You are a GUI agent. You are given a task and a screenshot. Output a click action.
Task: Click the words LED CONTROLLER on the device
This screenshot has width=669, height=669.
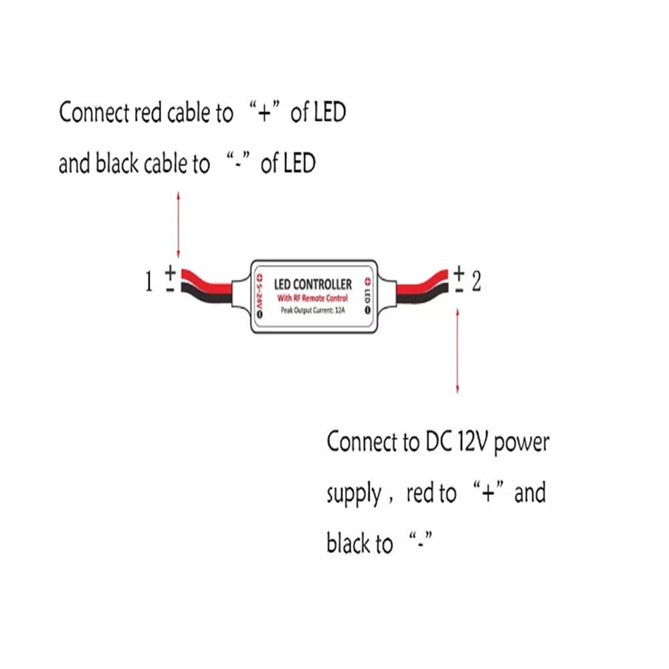pyautogui.click(x=312, y=284)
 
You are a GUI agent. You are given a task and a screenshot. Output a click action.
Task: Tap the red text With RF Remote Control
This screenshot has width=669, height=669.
pyautogui.click(x=312, y=298)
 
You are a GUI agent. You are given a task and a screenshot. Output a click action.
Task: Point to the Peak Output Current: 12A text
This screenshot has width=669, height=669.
pyautogui.click(x=312, y=310)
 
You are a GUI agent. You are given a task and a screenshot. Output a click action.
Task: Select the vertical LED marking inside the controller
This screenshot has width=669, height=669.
pyautogui.click(x=367, y=296)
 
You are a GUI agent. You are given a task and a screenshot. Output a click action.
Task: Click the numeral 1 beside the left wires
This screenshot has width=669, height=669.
pyautogui.click(x=149, y=282)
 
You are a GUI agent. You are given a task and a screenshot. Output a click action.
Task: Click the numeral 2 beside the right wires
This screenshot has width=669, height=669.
pyautogui.click(x=476, y=281)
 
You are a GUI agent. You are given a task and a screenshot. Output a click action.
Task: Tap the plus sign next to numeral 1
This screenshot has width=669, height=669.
pyautogui.click(x=170, y=272)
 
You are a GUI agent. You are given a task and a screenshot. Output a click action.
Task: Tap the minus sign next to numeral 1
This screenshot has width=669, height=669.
pyautogui.click(x=170, y=290)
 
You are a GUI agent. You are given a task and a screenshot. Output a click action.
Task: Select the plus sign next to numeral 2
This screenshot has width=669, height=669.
pyautogui.click(x=459, y=272)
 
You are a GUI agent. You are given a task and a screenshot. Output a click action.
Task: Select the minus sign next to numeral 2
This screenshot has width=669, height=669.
pyautogui.click(x=459, y=290)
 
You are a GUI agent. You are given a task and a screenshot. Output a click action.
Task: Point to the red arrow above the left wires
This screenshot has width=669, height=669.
pyautogui.click(x=179, y=225)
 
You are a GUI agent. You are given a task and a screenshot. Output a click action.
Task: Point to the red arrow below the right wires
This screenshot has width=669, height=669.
pyautogui.click(x=458, y=351)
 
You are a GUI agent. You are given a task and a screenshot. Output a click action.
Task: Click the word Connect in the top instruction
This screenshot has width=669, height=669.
pyautogui.click(x=94, y=112)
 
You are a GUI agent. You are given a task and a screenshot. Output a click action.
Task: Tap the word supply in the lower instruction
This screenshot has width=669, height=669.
pyautogui.click(x=354, y=494)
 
